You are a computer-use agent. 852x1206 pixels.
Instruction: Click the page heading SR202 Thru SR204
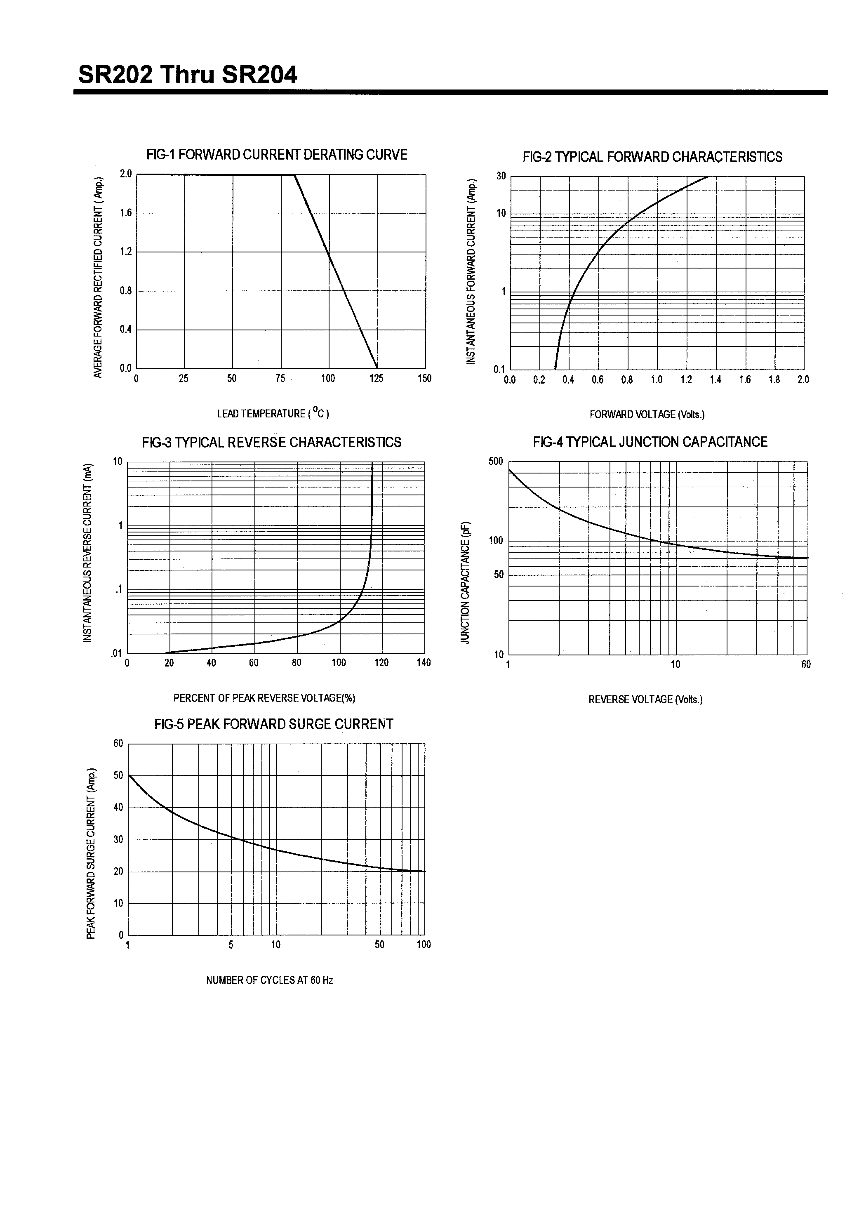point(188,75)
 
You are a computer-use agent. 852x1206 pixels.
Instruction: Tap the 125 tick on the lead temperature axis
point(376,378)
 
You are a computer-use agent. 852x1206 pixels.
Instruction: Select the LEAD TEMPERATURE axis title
point(273,413)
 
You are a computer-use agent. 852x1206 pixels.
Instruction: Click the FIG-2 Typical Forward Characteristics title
point(652,157)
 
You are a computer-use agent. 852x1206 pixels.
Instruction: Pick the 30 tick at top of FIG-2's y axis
point(501,176)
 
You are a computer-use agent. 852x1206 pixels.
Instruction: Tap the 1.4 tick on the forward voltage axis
point(715,380)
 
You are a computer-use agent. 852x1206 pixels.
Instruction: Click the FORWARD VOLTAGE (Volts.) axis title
point(647,415)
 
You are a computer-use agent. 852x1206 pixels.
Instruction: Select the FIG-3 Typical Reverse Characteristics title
point(272,442)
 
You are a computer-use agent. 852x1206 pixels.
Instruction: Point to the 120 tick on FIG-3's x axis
point(381,662)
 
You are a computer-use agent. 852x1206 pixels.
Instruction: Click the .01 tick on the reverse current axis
point(116,654)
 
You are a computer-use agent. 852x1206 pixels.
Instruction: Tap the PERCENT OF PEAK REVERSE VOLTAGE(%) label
point(264,698)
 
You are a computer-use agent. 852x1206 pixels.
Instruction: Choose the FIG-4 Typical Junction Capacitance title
point(650,442)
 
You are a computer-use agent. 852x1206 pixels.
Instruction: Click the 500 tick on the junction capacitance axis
point(495,461)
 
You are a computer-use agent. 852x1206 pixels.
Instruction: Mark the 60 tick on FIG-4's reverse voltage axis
point(806,664)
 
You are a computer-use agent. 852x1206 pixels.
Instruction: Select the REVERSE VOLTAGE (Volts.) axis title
point(645,699)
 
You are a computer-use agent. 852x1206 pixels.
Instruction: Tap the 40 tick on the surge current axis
point(118,807)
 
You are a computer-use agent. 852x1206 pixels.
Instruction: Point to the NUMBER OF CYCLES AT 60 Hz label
point(269,980)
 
